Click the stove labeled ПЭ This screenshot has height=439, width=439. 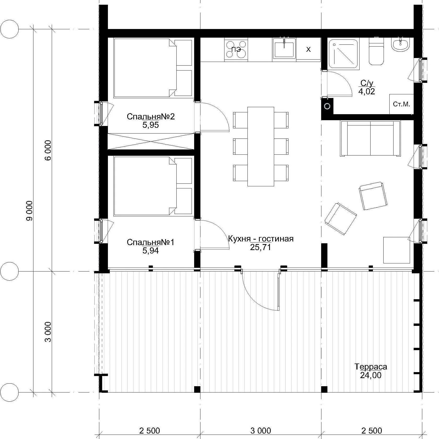click(236, 50)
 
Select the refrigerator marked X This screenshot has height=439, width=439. click(308, 49)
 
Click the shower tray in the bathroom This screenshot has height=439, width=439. click(344, 53)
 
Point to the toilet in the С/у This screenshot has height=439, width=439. click(376, 51)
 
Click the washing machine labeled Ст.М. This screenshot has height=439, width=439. click(401, 104)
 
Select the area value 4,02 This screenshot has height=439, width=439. click(367, 91)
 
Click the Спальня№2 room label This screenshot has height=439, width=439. click(151, 117)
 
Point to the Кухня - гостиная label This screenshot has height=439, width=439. click(261, 239)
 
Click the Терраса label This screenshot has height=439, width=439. click(371, 367)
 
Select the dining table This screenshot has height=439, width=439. click(261, 146)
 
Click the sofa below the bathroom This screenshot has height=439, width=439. click(370, 138)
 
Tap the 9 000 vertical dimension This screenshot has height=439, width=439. click(29, 211)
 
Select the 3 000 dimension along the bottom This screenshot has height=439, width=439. click(261, 430)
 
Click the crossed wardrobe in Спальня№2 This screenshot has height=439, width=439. click(151, 141)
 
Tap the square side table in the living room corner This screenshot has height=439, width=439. click(396, 250)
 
